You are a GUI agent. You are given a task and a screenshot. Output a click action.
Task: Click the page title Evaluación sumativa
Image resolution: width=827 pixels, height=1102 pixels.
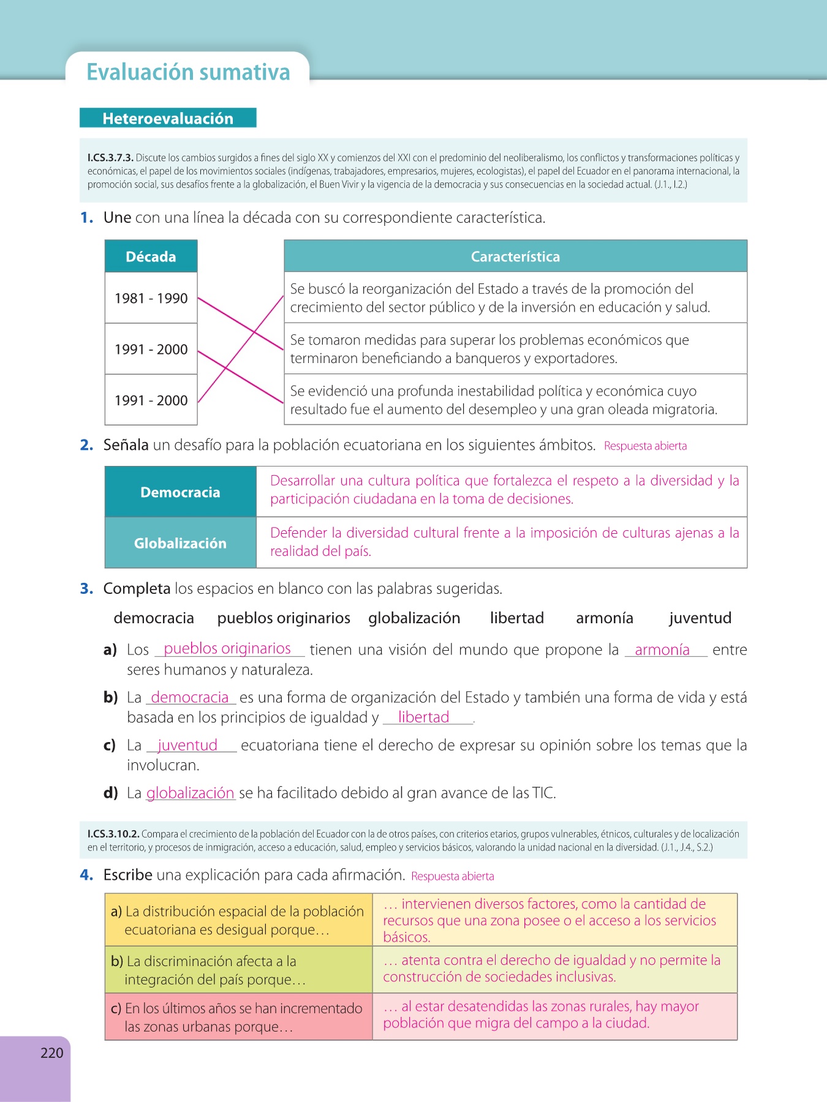click(188, 72)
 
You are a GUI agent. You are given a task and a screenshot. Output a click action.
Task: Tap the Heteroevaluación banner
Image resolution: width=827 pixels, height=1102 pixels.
click(168, 118)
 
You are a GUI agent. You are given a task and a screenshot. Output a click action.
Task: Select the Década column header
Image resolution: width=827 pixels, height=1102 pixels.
click(151, 257)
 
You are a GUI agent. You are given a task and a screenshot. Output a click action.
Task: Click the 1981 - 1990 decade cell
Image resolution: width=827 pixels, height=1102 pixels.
click(151, 298)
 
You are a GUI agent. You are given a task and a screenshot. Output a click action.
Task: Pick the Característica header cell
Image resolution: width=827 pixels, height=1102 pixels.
click(515, 257)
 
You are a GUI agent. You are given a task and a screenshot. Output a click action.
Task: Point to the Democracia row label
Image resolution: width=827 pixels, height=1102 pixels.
click(180, 492)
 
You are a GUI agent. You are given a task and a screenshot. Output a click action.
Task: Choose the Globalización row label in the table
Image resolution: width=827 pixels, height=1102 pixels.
click(180, 543)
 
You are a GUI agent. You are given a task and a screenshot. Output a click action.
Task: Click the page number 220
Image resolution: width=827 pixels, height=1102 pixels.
click(52, 1053)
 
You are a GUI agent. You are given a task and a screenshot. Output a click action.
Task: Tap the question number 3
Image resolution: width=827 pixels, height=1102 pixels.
click(86, 589)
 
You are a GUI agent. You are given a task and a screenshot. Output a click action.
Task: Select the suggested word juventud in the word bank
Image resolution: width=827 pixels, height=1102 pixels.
click(700, 618)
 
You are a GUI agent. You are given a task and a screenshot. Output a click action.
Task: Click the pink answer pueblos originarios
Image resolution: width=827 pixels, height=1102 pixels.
click(227, 648)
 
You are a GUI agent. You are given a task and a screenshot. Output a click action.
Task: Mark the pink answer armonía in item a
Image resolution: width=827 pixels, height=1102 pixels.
click(662, 650)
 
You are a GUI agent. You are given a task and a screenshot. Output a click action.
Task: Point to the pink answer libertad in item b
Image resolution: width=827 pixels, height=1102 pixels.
click(423, 717)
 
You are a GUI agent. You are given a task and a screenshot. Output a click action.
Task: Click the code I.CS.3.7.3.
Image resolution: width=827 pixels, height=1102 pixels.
click(110, 158)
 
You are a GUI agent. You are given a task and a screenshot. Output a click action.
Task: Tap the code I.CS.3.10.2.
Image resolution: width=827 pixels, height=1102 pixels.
click(113, 834)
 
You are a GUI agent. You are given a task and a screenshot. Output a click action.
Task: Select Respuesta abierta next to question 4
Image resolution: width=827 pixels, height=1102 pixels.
click(453, 876)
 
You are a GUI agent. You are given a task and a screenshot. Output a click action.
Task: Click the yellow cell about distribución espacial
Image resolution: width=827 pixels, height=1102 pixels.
click(238, 920)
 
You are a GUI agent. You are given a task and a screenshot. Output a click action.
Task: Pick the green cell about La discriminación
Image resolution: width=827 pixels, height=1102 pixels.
click(238, 970)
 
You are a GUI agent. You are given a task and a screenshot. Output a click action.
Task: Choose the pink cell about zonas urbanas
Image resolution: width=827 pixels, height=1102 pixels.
click(238, 1017)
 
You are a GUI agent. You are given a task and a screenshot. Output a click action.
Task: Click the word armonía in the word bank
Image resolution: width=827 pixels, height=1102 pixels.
click(604, 618)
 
